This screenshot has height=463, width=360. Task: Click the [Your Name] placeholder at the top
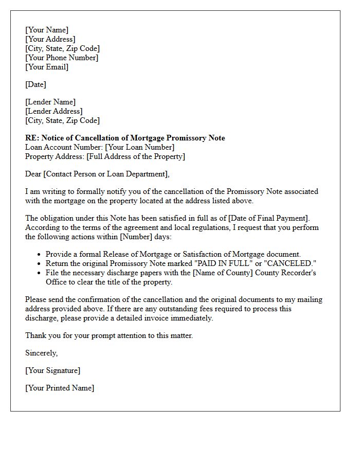tap(47, 30)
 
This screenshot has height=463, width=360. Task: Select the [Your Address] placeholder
tap(50, 39)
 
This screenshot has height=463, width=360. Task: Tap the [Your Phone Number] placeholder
tap(62, 58)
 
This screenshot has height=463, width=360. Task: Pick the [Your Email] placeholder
tap(47, 67)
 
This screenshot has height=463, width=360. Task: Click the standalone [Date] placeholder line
tap(35, 84)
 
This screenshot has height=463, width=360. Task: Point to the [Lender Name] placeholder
tap(50, 102)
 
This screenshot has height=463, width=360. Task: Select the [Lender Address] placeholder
tap(54, 111)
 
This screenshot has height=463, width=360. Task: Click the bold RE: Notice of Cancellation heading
tap(125, 138)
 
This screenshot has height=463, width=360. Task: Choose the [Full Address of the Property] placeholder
tap(136, 156)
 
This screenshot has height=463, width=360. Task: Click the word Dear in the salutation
tap(33, 174)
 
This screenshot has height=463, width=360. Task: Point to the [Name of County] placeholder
tap(226, 273)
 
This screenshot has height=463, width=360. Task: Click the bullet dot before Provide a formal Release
tap(40, 255)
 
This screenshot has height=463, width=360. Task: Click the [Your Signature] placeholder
tap(53, 370)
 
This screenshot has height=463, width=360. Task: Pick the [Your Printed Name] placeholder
tap(60, 388)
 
